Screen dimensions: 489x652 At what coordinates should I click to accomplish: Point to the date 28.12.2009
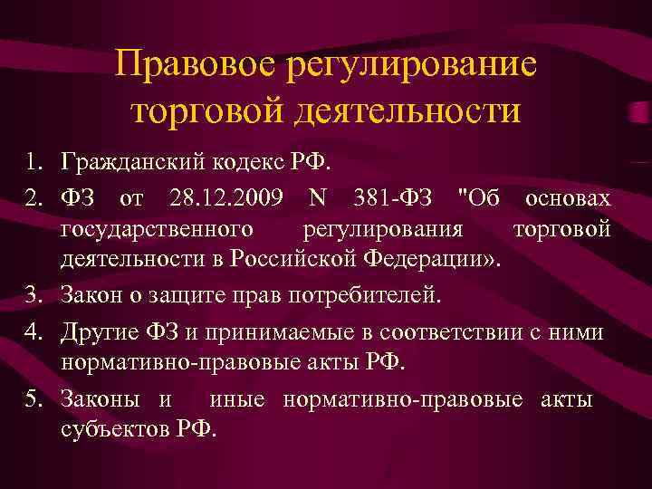point(223,198)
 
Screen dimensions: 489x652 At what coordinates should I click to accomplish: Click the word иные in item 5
point(241,398)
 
